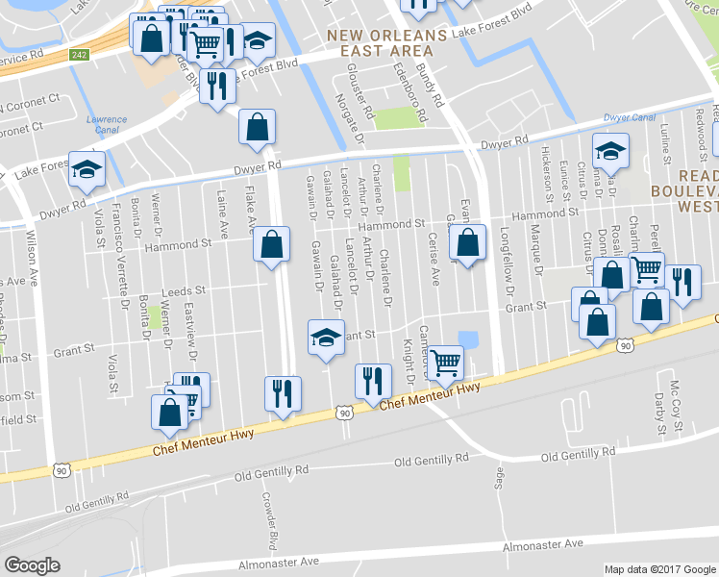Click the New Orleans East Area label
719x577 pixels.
pos(386,42)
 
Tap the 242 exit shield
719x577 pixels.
pos(81,56)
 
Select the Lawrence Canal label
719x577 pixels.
pos(107,125)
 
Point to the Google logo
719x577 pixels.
pos(33,565)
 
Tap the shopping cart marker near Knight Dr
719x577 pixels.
pos(446,364)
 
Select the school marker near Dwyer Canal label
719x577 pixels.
pos(610,151)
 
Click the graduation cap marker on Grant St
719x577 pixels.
pos(326,339)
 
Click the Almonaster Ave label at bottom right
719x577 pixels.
pos(543,544)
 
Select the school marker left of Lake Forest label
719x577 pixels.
pos(87,169)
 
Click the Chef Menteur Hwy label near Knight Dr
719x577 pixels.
pos(430,393)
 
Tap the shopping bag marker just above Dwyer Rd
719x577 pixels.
pos(257,128)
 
